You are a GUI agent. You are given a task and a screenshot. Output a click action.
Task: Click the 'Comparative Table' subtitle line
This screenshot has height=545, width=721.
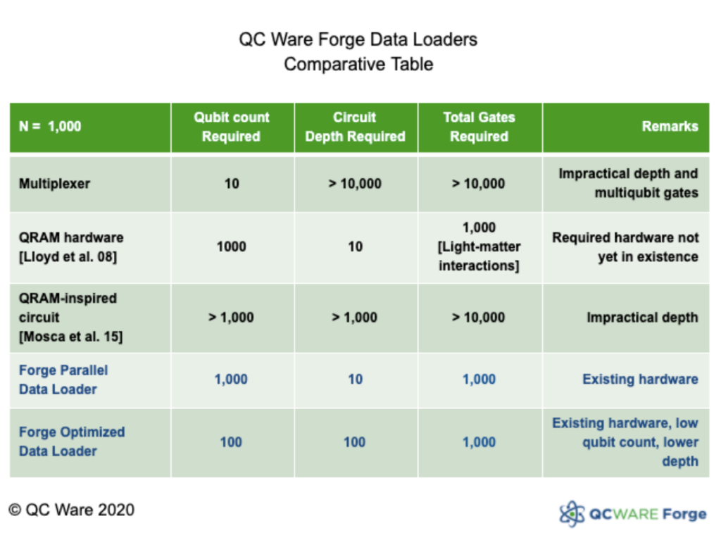click(x=358, y=64)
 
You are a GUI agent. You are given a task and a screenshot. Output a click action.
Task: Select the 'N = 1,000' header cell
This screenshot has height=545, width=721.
click(x=50, y=127)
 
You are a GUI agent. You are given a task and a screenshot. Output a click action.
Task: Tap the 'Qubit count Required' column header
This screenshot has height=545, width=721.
click(x=232, y=127)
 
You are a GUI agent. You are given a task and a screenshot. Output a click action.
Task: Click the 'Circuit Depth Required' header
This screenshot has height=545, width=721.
click(x=355, y=127)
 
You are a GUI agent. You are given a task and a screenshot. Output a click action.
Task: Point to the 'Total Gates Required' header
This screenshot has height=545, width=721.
click(x=479, y=127)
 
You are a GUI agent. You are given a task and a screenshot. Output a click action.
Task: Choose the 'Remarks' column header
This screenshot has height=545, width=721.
click(x=670, y=127)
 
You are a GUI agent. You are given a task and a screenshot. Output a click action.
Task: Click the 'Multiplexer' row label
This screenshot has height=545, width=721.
click(x=55, y=184)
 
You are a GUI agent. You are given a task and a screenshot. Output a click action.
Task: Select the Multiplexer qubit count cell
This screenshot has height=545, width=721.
click(x=232, y=184)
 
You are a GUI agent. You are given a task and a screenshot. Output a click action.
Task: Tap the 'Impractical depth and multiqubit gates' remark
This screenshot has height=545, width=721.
click(x=628, y=183)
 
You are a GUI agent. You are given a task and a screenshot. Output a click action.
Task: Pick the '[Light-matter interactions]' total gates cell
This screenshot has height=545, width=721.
click(x=479, y=247)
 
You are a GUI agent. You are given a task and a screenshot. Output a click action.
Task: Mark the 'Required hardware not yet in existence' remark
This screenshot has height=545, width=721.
click(x=625, y=247)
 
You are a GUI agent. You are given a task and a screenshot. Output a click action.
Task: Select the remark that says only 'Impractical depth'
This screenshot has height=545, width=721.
click(x=642, y=318)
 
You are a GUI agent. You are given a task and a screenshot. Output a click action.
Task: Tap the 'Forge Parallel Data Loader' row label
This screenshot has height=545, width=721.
click(x=63, y=380)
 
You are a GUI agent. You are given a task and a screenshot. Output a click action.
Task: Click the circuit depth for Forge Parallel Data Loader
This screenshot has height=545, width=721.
click(x=355, y=380)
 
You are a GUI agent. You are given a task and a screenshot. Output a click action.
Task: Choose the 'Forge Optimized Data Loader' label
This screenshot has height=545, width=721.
click(x=72, y=441)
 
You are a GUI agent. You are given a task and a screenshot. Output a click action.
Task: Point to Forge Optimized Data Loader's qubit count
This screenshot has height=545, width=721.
click(x=231, y=442)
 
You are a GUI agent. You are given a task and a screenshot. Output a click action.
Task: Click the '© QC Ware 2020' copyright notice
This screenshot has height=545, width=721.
click(x=71, y=509)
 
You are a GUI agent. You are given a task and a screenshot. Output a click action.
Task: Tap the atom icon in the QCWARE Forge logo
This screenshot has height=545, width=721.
click(x=571, y=513)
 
